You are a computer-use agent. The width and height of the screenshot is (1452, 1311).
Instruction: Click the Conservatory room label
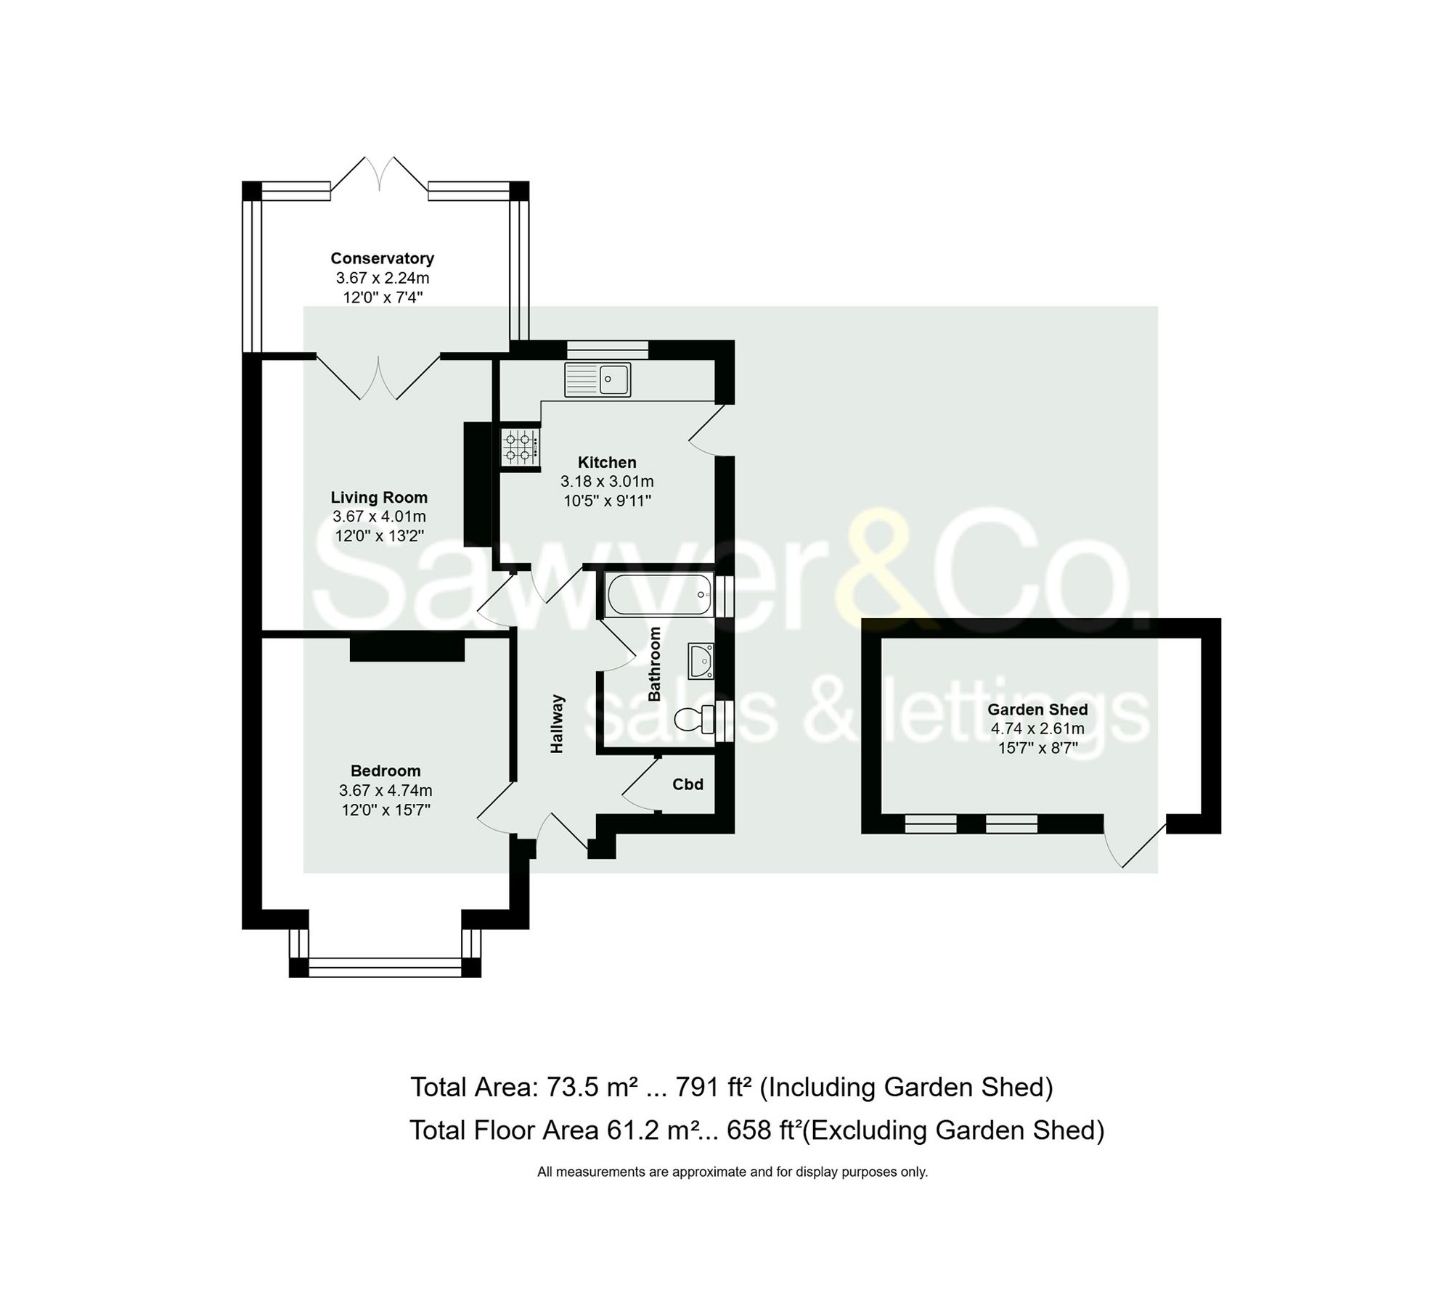click(382, 258)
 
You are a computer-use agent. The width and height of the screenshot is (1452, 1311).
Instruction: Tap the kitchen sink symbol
click(598, 379)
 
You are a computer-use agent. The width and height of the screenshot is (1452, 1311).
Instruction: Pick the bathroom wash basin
click(701, 661)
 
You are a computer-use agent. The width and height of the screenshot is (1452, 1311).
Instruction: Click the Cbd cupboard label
click(688, 784)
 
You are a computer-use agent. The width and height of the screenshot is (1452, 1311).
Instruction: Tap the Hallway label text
click(557, 723)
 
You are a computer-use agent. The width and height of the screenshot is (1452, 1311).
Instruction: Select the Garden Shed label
click(1037, 710)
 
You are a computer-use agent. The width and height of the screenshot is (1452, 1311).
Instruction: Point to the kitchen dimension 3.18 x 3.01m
click(607, 481)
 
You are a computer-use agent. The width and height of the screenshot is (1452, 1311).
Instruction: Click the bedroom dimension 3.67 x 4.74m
click(386, 790)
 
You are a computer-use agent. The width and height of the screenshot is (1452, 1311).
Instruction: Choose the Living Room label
click(379, 498)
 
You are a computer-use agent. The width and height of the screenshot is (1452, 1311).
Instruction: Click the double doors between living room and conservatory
click(378, 377)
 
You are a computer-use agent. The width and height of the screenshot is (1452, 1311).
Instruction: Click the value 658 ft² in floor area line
click(764, 1130)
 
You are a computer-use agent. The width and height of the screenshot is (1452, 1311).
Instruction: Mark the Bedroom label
click(386, 770)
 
